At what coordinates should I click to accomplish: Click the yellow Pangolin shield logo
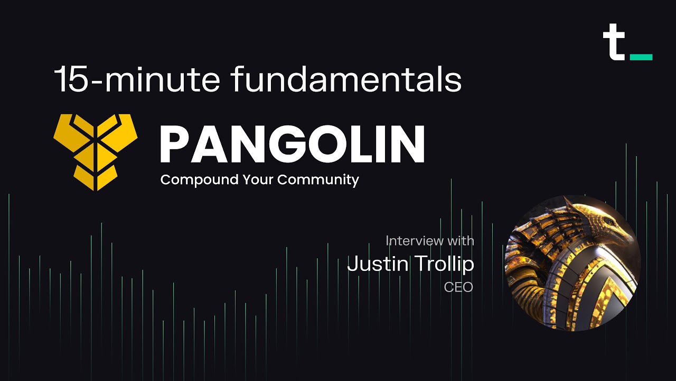coord(96,151)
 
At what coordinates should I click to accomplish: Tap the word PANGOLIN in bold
coord(292,144)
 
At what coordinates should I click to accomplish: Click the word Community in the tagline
coord(318,180)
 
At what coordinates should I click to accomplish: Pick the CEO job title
coord(458,288)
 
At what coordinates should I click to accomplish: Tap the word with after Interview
coord(461,241)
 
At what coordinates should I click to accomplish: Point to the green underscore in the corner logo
coord(641,57)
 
